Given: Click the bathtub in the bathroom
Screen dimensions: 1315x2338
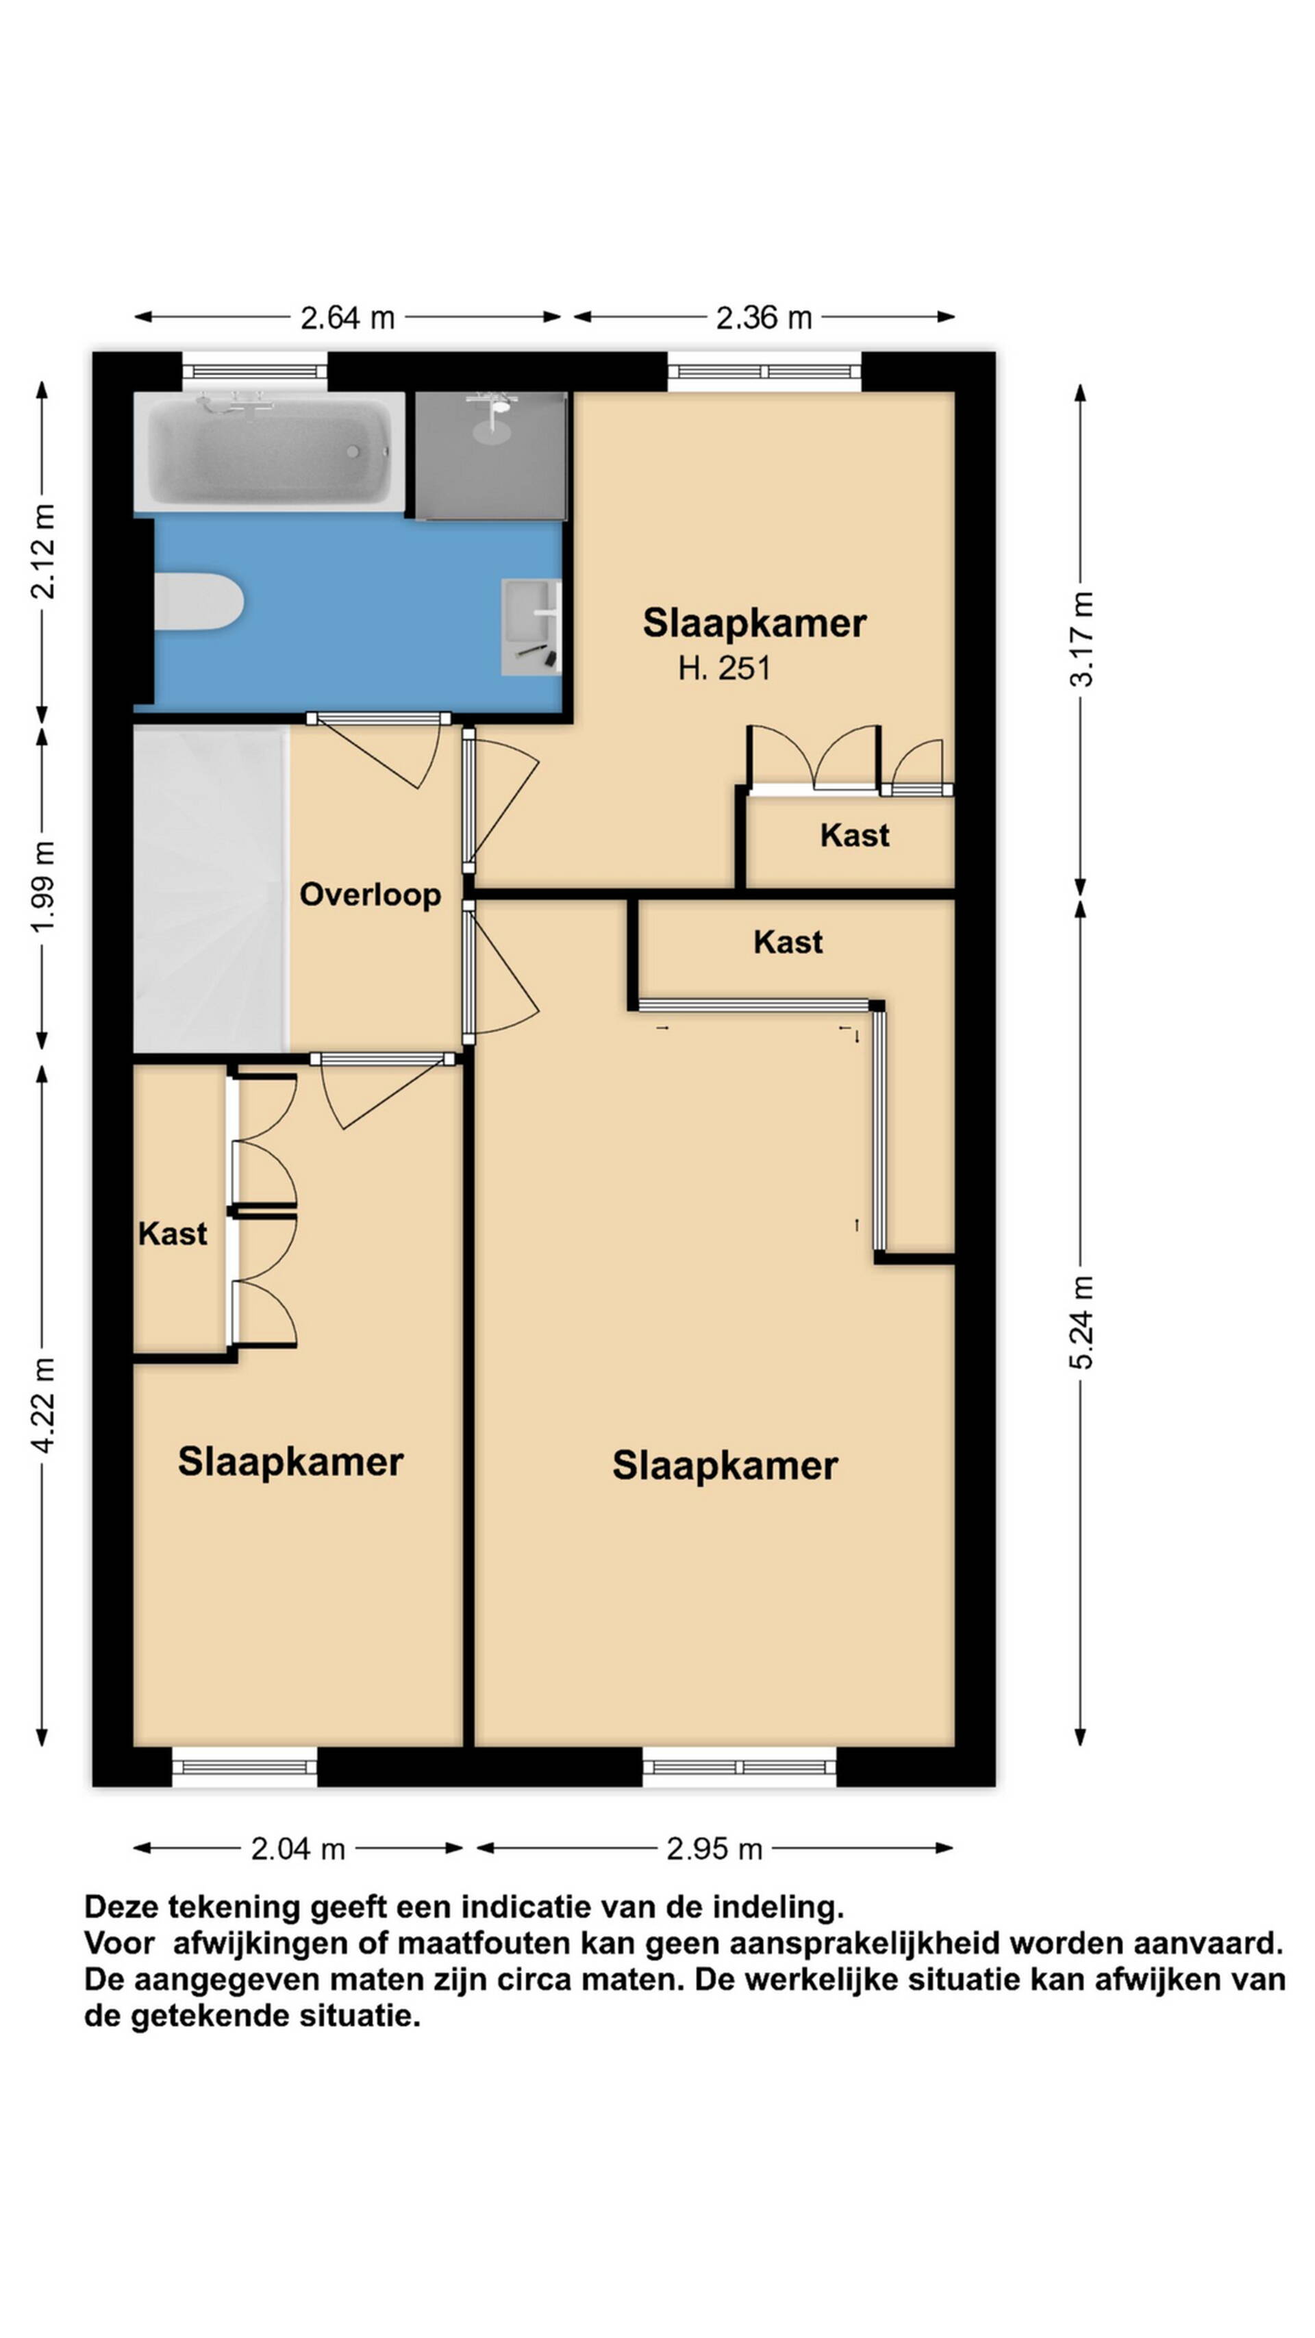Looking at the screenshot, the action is point(270,452).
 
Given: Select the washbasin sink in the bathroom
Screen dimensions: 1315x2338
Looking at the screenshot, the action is point(531,628).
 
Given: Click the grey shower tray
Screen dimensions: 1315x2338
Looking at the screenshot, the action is point(491,455).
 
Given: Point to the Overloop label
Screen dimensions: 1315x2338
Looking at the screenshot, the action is point(371,895).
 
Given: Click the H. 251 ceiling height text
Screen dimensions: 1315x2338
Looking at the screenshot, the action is point(724,669).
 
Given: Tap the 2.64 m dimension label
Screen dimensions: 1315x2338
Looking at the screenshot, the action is point(347,318).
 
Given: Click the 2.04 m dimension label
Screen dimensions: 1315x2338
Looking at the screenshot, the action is point(298,1850).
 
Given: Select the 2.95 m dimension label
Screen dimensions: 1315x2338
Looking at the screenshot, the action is point(714,1850).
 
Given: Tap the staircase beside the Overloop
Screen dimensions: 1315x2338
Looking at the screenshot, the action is point(210,889).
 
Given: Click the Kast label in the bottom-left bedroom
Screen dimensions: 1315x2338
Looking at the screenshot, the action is point(173,1234).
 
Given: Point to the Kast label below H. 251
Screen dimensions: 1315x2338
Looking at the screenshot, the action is point(854,836).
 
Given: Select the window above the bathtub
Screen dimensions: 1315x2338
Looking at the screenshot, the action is point(254,371).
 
